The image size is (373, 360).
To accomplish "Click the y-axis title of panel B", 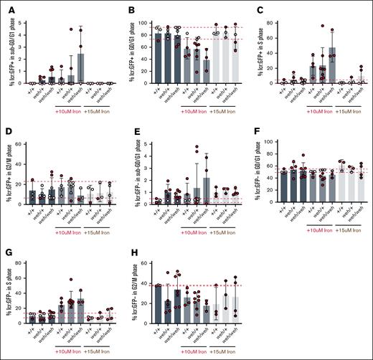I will tap(138, 51).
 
